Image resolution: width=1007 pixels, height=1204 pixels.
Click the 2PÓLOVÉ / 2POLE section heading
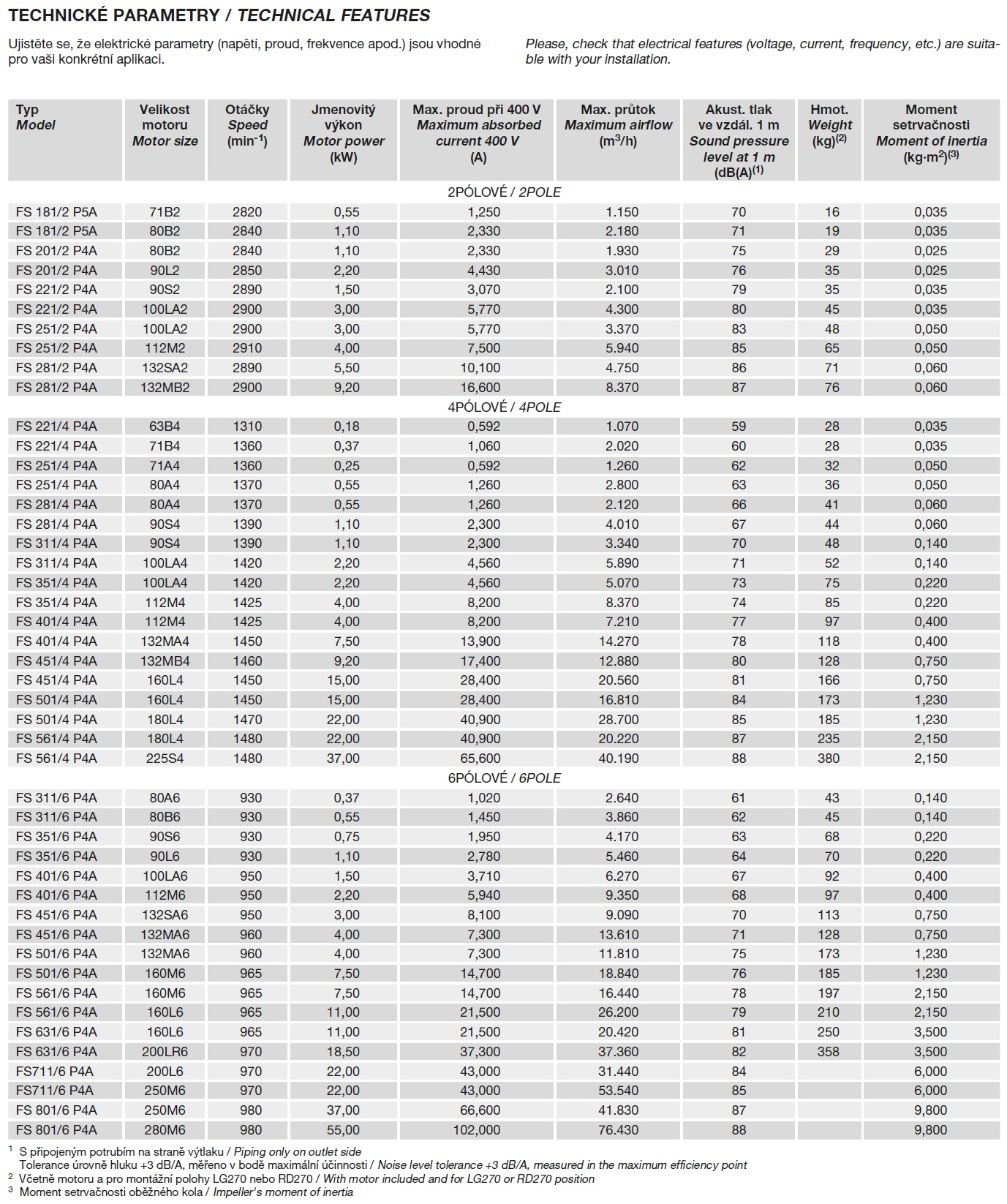coord(504,192)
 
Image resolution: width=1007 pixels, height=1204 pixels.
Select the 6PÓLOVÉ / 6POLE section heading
coord(504,778)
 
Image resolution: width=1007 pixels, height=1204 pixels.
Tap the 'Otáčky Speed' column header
coord(247,125)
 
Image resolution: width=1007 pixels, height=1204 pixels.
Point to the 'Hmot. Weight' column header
coord(829,125)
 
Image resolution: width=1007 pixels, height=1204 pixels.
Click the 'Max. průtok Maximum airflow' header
coord(618,125)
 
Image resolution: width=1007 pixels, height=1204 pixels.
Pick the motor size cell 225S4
coord(165,759)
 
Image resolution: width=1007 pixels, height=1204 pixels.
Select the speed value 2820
coord(247,212)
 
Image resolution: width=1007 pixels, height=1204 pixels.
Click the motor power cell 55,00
coord(343,1130)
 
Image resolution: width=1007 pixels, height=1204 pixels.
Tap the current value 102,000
coord(477,1130)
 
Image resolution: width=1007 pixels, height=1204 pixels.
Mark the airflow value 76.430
coord(618,1130)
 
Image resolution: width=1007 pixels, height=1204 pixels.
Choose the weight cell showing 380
coord(829,759)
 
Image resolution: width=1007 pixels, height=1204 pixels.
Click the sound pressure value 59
coord(739,426)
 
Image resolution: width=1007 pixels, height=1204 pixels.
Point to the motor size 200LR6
coord(165,1052)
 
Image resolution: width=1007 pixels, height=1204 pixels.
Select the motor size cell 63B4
coord(165,426)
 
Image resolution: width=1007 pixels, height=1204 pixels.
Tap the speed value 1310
coord(247,426)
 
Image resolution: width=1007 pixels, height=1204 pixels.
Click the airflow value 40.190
coord(618,759)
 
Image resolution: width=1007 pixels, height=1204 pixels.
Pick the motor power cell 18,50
coord(343,1052)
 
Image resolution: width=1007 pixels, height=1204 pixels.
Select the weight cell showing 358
coord(829,1052)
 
